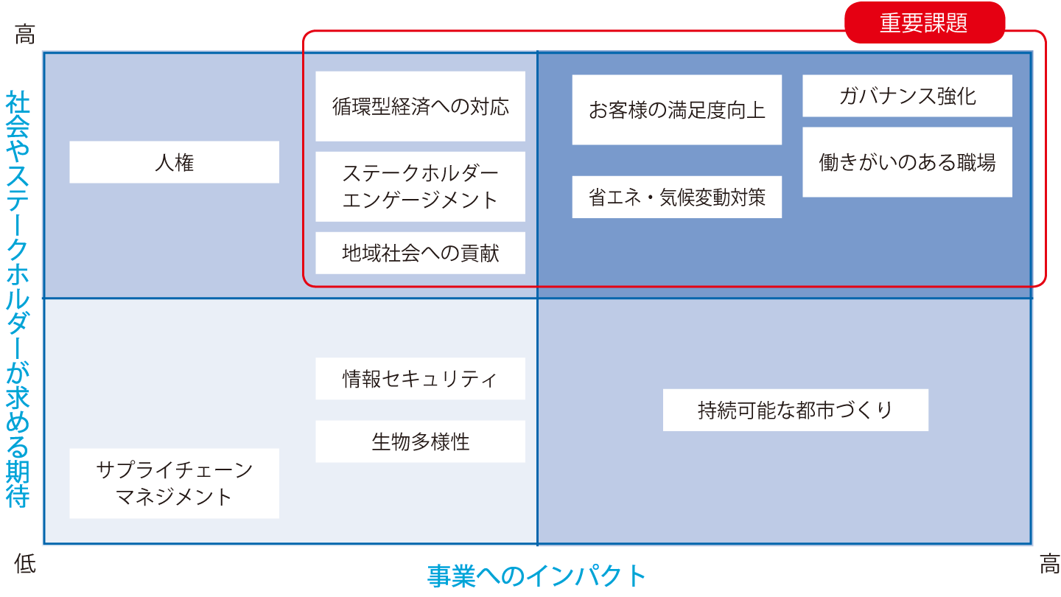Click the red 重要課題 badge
(924, 23)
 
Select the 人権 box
(174, 162)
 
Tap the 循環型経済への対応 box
(420, 106)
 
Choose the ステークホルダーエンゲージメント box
(420, 186)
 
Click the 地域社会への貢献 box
(420, 253)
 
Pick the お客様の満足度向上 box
(676, 110)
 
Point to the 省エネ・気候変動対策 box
(676, 197)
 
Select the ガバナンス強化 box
(907, 96)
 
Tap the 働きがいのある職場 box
(907, 162)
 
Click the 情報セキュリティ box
(420, 379)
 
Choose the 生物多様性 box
(420, 441)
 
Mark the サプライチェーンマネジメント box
(174, 483)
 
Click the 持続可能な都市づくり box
(795, 410)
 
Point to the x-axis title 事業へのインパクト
(536, 576)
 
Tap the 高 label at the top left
(25, 34)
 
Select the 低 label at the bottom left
(25, 565)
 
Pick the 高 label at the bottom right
(1048, 565)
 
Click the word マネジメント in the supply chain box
(174, 497)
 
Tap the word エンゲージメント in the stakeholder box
(420, 200)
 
